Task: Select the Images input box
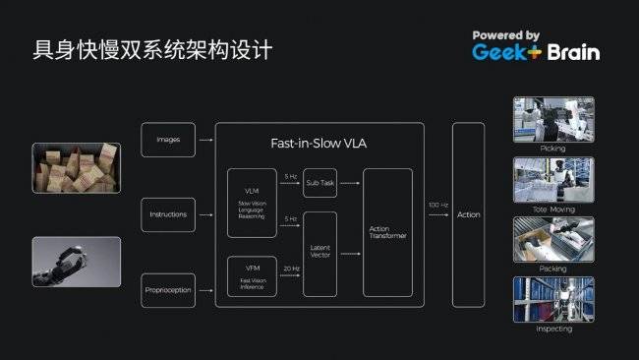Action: pos(168,140)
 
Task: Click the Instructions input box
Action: pos(168,214)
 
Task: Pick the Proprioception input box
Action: pos(168,290)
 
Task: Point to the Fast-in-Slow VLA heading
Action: pos(319,144)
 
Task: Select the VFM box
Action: pos(252,276)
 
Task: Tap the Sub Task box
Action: pos(319,183)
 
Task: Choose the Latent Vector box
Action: pos(319,254)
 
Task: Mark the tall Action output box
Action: pos(469,214)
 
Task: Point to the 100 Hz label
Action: pos(437,205)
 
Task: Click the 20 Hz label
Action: pos(290,268)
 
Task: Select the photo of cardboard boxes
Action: pos(76,167)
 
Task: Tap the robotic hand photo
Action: pos(76,261)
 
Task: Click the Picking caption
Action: pos(553,148)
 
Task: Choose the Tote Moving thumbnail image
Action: pos(553,179)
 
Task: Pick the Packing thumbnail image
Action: pos(553,239)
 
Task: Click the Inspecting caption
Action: pos(553,329)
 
